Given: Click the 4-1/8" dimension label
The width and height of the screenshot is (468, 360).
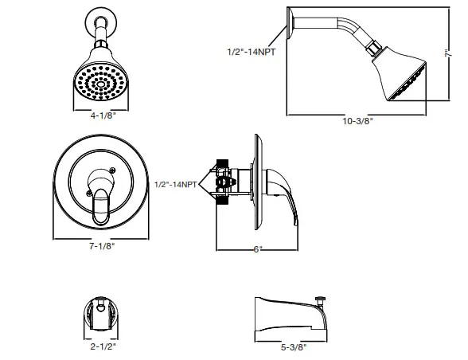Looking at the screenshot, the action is click(x=103, y=115).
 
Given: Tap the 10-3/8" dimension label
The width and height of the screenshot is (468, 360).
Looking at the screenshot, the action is click(x=358, y=121).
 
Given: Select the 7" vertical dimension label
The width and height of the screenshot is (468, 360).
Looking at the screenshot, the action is click(x=447, y=53).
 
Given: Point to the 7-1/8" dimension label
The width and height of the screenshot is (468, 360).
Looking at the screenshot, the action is click(x=103, y=246).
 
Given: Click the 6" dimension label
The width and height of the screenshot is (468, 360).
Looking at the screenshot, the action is click(x=258, y=249).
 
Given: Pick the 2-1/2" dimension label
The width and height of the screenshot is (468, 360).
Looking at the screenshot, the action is click(x=103, y=346).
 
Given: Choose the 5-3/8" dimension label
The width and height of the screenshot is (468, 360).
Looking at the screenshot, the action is click(x=294, y=347).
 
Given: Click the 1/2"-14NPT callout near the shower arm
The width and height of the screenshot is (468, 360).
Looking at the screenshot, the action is click(x=252, y=52).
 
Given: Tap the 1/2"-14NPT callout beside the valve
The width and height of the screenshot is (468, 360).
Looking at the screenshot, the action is click(x=175, y=184).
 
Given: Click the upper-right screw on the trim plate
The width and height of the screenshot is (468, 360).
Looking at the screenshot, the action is click(x=113, y=170).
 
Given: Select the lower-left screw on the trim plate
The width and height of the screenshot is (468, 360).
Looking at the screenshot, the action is click(x=89, y=194).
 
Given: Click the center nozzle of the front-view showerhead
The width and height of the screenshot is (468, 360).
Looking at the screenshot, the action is click(x=101, y=85).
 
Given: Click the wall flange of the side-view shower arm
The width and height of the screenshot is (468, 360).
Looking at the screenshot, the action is click(x=290, y=23).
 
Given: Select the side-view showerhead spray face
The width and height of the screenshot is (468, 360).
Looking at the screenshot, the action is click(x=408, y=81).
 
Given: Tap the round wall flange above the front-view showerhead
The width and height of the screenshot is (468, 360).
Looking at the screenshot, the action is click(x=101, y=22).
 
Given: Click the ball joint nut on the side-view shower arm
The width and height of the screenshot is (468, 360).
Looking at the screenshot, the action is click(x=374, y=49).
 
